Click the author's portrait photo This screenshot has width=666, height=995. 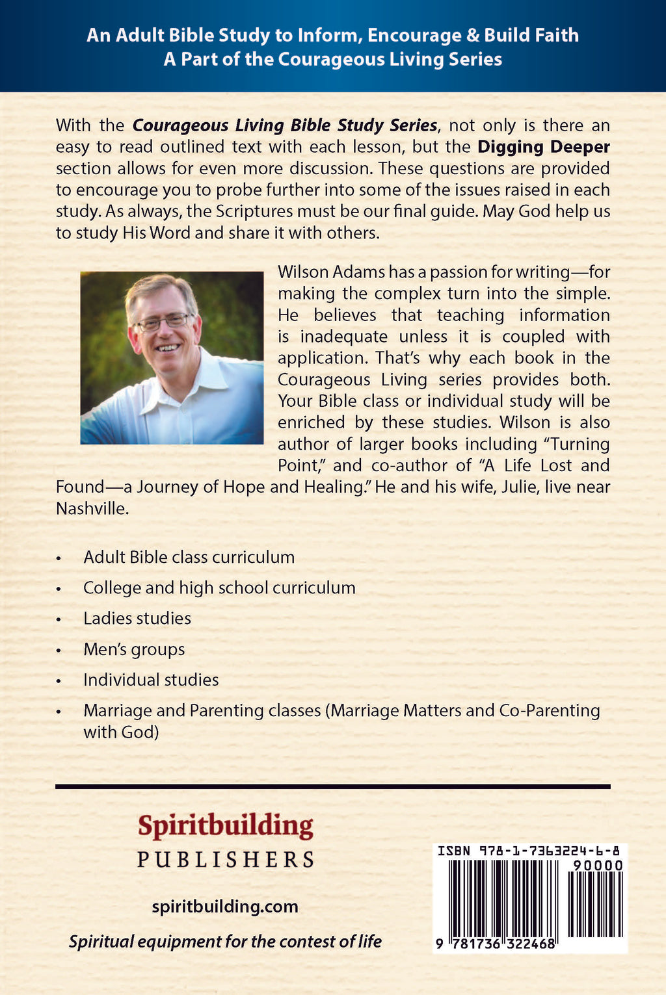point(172,357)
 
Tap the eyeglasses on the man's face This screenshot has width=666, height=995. point(163,322)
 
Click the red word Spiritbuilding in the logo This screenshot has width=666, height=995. point(225,826)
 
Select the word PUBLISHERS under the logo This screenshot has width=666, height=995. point(225,860)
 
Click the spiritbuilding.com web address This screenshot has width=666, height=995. point(225,907)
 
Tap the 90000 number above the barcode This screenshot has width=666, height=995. point(598,866)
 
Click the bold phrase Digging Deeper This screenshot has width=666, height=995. point(544,147)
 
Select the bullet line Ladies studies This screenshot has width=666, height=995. point(137,618)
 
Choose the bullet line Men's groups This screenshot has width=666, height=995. point(134,649)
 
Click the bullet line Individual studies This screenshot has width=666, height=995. point(151,680)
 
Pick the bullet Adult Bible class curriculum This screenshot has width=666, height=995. point(189,557)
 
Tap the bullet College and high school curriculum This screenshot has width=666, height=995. point(219,588)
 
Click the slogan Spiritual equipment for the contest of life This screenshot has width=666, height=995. point(225,941)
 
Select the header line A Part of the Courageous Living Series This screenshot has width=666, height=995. point(333,59)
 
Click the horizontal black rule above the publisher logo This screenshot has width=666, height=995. point(333,786)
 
